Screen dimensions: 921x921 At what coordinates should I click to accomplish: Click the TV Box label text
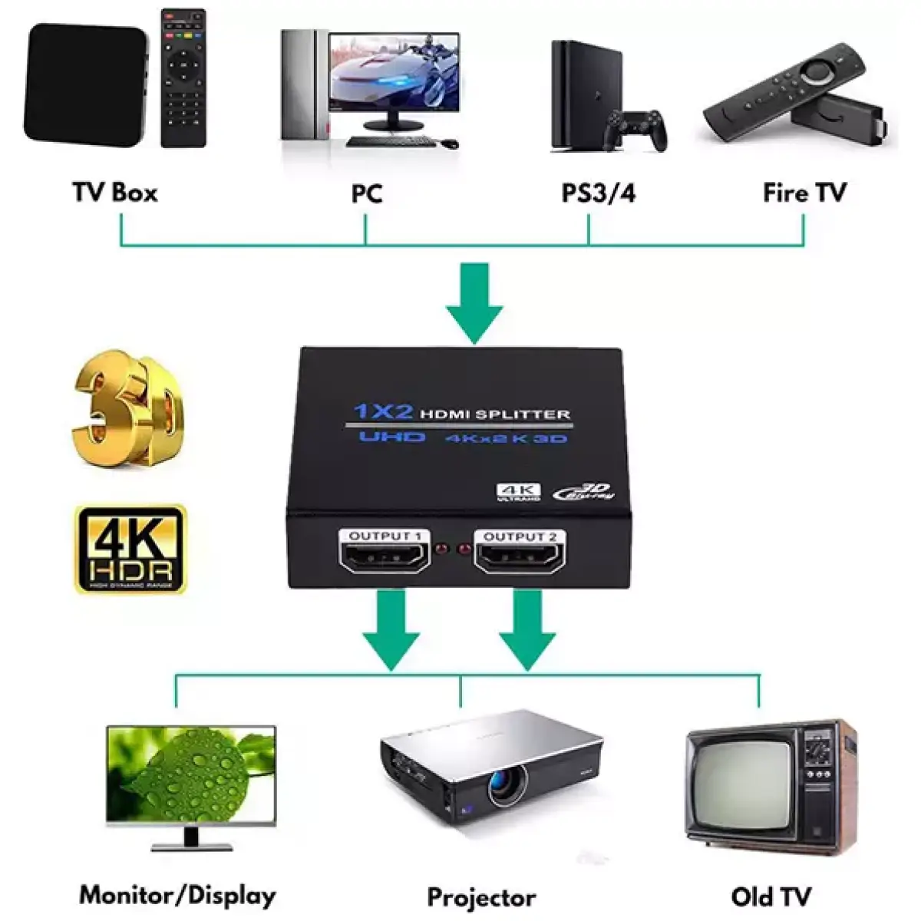(x=114, y=192)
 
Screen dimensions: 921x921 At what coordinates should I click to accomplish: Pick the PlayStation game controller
(x=634, y=129)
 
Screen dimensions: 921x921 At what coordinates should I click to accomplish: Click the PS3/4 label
(x=599, y=193)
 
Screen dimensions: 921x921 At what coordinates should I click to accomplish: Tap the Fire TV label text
(x=804, y=192)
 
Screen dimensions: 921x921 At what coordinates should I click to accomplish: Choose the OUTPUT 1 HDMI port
(x=385, y=554)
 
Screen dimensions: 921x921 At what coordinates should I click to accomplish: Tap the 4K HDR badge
(x=130, y=549)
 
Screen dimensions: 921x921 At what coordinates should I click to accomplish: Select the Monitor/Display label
(x=177, y=895)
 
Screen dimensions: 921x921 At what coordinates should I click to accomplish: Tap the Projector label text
(x=481, y=897)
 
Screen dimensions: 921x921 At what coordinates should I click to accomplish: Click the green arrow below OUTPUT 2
(x=527, y=629)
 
